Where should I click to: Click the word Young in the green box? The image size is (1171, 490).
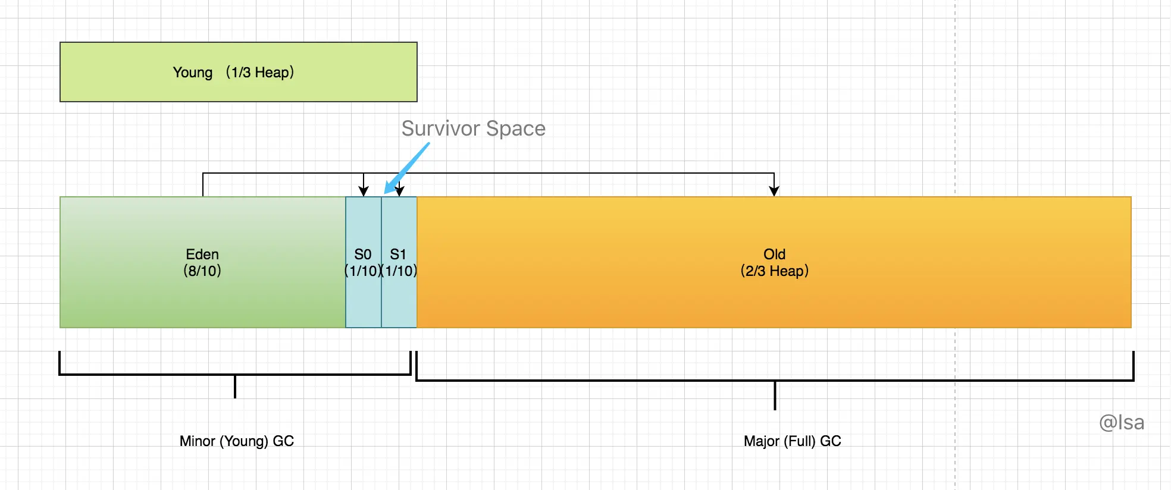(192, 73)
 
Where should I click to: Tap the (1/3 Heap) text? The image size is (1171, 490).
(260, 73)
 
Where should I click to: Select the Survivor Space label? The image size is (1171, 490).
(473, 128)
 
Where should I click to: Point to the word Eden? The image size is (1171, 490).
(202, 255)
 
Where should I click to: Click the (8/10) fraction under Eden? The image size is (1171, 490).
(202, 271)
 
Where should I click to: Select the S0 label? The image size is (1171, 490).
(363, 255)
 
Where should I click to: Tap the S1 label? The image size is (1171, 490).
(398, 255)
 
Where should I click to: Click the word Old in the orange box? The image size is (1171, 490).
(774, 255)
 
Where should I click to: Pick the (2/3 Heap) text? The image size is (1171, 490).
(774, 271)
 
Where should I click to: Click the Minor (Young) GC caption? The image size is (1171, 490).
(237, 441)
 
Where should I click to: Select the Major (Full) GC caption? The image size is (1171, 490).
(792, 441)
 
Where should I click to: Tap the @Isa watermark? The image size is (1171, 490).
(1121, 422)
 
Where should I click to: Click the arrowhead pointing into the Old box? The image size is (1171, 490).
(774, 190)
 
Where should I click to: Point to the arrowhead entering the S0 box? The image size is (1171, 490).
(364, 191)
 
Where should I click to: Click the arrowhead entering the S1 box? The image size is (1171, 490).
(400, 191)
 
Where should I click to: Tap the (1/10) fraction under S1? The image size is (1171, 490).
(399, 271)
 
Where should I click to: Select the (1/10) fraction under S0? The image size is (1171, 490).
(363, 271)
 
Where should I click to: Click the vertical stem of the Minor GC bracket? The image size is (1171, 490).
(235, 387)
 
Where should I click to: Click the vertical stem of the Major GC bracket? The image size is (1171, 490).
(775, 395)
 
